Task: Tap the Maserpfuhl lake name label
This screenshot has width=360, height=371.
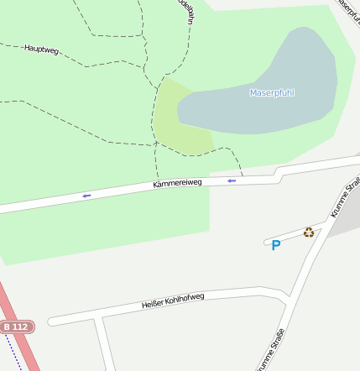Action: tap(272, 92)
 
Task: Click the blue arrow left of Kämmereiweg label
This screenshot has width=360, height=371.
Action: tap(86, 196)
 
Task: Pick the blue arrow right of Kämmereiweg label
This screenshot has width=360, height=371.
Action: tap(232, 180)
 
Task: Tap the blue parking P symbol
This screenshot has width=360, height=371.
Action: tap(275, 245)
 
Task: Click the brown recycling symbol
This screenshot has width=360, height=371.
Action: tap(309, 233)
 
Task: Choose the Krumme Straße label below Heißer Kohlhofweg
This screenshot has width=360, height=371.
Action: tap(270, 351)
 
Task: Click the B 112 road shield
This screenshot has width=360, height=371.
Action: tap(16, 326)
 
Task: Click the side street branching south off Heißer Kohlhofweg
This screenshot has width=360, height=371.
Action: tap(104, 344)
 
